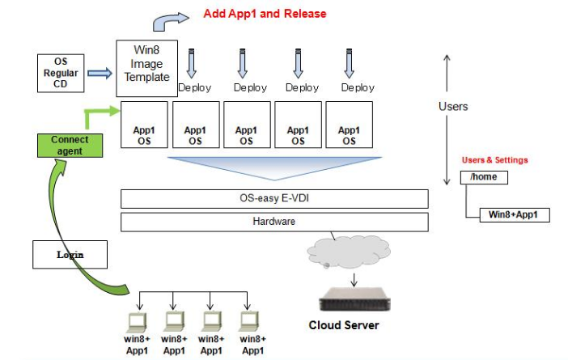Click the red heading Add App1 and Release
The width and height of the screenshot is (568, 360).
point(265,14)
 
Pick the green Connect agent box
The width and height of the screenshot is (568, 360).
point(70,145)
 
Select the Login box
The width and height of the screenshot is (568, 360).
point(70,254)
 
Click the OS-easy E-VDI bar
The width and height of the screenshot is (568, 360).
point(274,198)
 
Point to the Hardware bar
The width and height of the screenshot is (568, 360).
point(274,221)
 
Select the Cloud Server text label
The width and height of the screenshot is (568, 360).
point(344,326)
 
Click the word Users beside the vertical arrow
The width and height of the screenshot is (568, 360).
point(453,106)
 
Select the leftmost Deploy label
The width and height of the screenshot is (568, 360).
point(194,87)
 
